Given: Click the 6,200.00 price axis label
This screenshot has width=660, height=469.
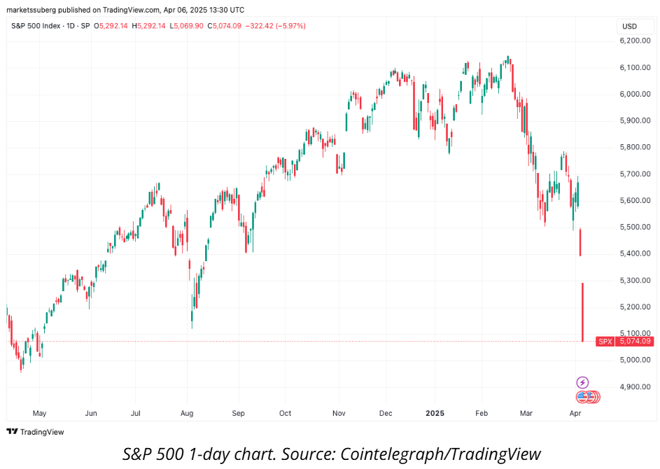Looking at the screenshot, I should coord(636,41).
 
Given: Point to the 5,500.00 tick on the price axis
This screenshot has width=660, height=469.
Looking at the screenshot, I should coord(636,227).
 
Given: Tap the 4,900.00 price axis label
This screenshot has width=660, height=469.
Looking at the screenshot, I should coord(636,386).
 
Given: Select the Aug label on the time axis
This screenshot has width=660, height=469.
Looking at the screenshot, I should coord(186,413).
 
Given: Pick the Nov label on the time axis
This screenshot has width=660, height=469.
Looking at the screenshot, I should coord(339,413).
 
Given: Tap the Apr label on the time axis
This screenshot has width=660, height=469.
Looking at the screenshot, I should coord(575,413).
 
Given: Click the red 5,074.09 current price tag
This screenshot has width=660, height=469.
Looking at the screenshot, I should coord(636,342).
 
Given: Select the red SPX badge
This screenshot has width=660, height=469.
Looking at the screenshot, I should coord(605,342).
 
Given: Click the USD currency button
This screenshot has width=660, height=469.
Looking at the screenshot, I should coord(629,26).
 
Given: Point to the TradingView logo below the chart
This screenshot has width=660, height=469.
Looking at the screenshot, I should coord(36,432).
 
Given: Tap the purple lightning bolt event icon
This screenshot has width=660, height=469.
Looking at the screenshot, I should coord(582,382).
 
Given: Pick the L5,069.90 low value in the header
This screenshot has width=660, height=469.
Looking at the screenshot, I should coord(183,26).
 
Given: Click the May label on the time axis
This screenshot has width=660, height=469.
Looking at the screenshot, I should coord(40,413).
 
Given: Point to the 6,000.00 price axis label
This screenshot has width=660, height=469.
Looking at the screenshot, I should coord(636,94).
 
